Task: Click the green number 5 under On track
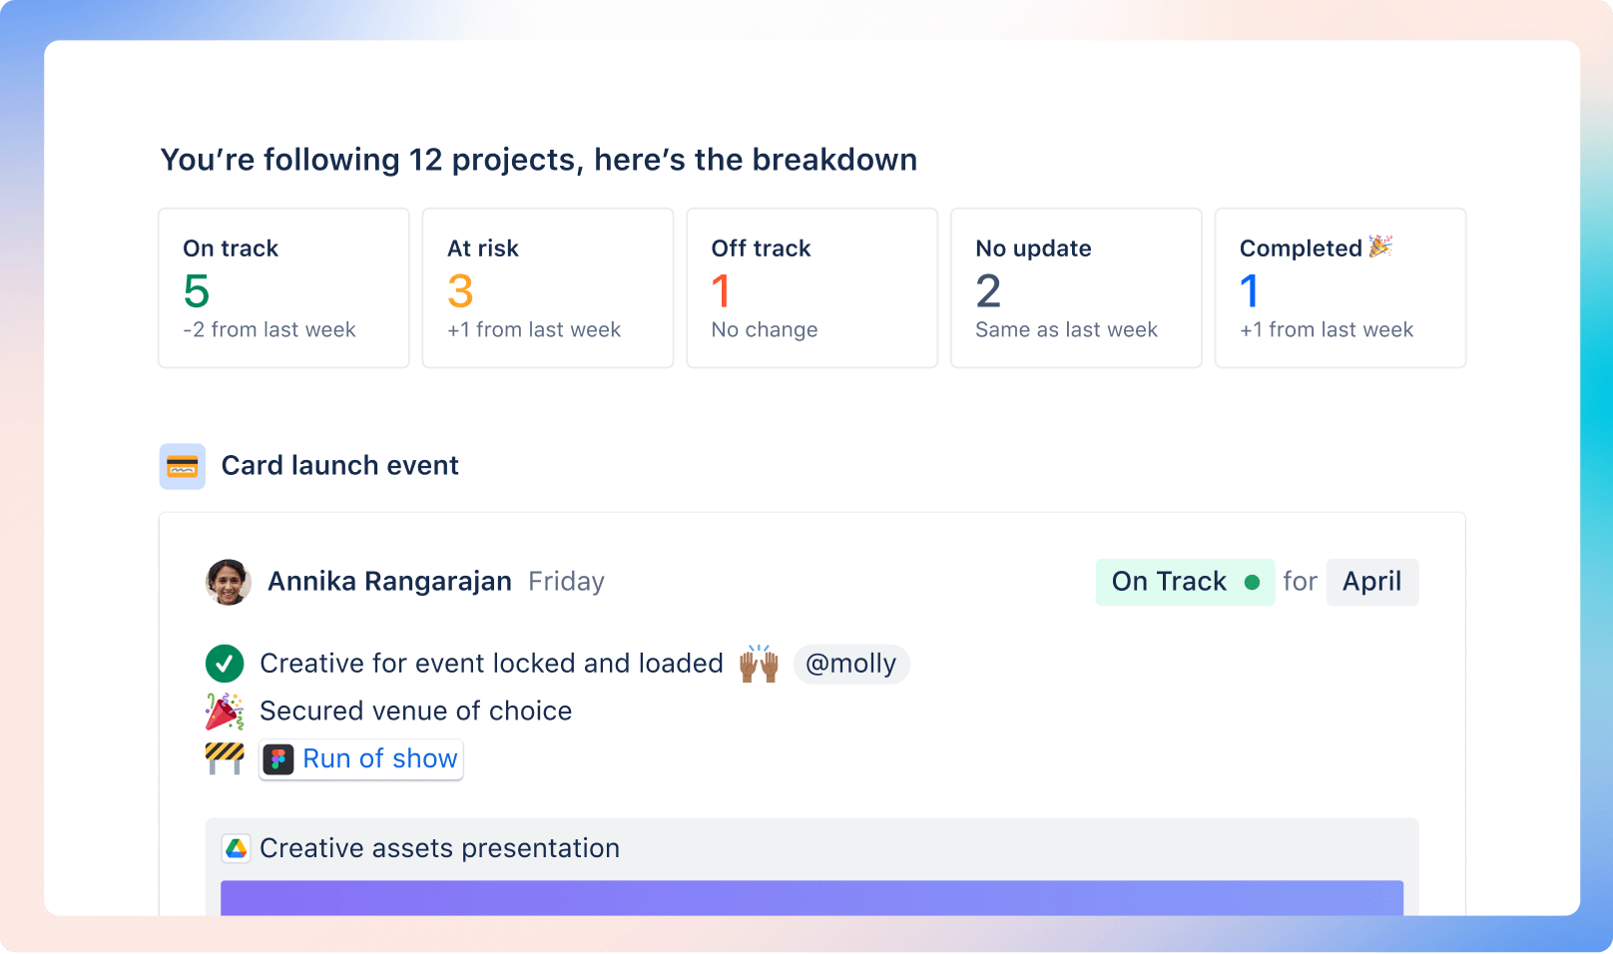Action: (197, 291)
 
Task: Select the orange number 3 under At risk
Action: (460, 291)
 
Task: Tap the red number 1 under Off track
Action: (721, 291)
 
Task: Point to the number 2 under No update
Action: (988, 291)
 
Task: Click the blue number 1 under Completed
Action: (1249, 291)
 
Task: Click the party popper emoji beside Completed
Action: (1381, 245)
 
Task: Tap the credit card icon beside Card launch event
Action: (183, 466)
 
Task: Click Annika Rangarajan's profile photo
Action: (229, 582)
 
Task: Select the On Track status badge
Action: (1185, 582)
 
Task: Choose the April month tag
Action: (1371, 582)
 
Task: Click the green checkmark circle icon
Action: (225, 664)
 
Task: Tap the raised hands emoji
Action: (759, 664)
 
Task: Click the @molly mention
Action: (850, 664)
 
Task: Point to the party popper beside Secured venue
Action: (225, 712)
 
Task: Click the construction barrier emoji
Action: (225, 758)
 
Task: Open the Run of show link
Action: (380, 759)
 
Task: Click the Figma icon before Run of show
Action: (278, 760)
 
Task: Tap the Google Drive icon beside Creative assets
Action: (237, 848)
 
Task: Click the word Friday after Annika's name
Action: (566, 582)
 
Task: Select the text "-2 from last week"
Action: (269, 330)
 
